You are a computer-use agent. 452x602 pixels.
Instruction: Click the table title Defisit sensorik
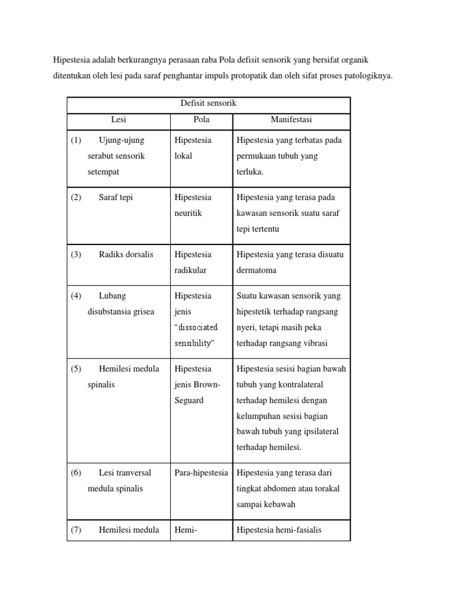(208, 103)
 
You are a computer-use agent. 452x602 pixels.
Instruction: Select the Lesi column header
(118, 120)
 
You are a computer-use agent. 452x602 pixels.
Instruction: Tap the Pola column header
(201, 120)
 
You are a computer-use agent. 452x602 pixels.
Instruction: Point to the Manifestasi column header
(291, 120)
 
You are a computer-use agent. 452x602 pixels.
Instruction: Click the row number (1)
(76, 141)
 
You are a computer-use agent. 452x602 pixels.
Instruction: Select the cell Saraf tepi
(116, 198)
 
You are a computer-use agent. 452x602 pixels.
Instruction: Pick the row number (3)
(76, 255)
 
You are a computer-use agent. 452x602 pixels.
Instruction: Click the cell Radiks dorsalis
(126, 255)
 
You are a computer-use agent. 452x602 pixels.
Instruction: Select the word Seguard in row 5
(189, 400)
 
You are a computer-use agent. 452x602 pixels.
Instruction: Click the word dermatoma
(257, 270)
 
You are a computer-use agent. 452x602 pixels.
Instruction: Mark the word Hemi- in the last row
(185, 530)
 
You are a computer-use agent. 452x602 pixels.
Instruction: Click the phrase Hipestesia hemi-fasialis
(279, 530)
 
